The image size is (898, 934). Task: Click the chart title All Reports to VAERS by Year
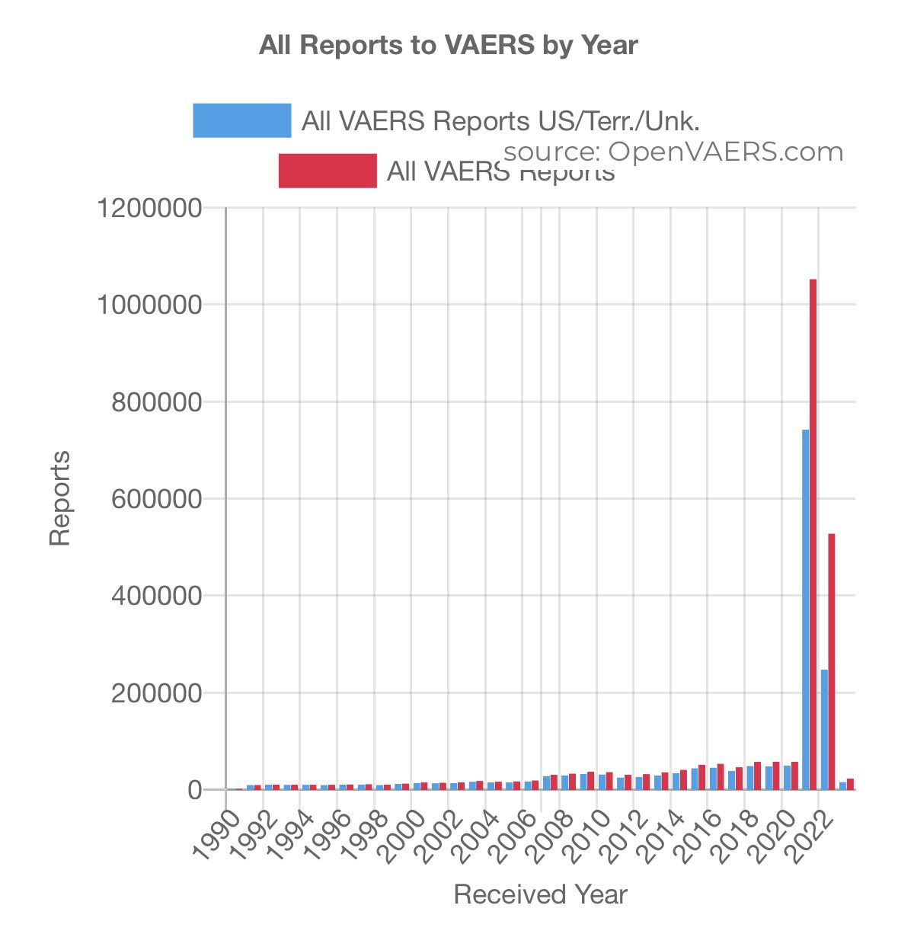pyautogui.click(x=448, y=45)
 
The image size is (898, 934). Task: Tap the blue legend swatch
pyautogui.click(x=241, y=120)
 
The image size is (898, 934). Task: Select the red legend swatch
pyautogui.click(x=328, y=171)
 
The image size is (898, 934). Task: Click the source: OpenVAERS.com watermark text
pyautogui.click(x=673, y=152)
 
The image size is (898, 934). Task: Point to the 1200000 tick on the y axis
pyautogui.click(x=149, y=208)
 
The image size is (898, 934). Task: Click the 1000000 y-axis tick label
pyautogui.click(x=149, y=305)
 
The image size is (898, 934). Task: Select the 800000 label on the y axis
pyautogui.click(x=156, y=402)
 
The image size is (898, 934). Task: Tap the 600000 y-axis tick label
pyautogui.click(x=156, y=499)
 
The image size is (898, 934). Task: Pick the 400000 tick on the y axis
pyautogui.click(x=156, y=596)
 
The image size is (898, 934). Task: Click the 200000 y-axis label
pyautogui.click(x=156, y=693)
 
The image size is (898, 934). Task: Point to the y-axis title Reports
pyautogui.click(x=59, y=499)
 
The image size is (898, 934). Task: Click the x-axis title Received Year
pyautogui.click(x=540, y=894)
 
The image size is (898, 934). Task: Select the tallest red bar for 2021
pyautogui.click(x=813, y=533)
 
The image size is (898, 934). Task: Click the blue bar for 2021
pyautogui.click(x=805, y=609)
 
